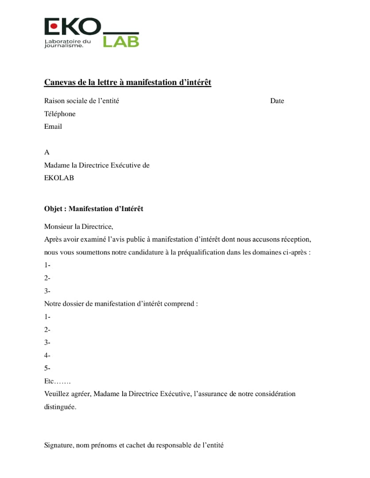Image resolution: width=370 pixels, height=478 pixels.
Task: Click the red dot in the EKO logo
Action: (54, 26)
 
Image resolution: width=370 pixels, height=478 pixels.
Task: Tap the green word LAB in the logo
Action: (121, 42)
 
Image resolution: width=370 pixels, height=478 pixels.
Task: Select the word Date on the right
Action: (277, 101)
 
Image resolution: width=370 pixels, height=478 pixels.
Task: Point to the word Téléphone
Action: (60, 114)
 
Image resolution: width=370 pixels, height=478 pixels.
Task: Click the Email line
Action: (53, 127)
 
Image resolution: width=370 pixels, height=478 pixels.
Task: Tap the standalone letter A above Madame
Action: (46, 152)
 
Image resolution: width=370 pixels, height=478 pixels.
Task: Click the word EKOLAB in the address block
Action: (59, 178)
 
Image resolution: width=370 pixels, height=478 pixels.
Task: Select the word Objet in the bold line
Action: (53, 208)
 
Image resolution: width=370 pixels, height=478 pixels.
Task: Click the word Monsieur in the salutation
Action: (58, 227)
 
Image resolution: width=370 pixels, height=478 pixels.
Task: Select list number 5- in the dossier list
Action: (47, 368)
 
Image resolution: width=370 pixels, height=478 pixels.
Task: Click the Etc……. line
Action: (57, 381)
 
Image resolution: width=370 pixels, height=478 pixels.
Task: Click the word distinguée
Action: (60, 407)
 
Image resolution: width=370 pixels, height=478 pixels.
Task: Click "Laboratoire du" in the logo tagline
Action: (67, 41)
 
